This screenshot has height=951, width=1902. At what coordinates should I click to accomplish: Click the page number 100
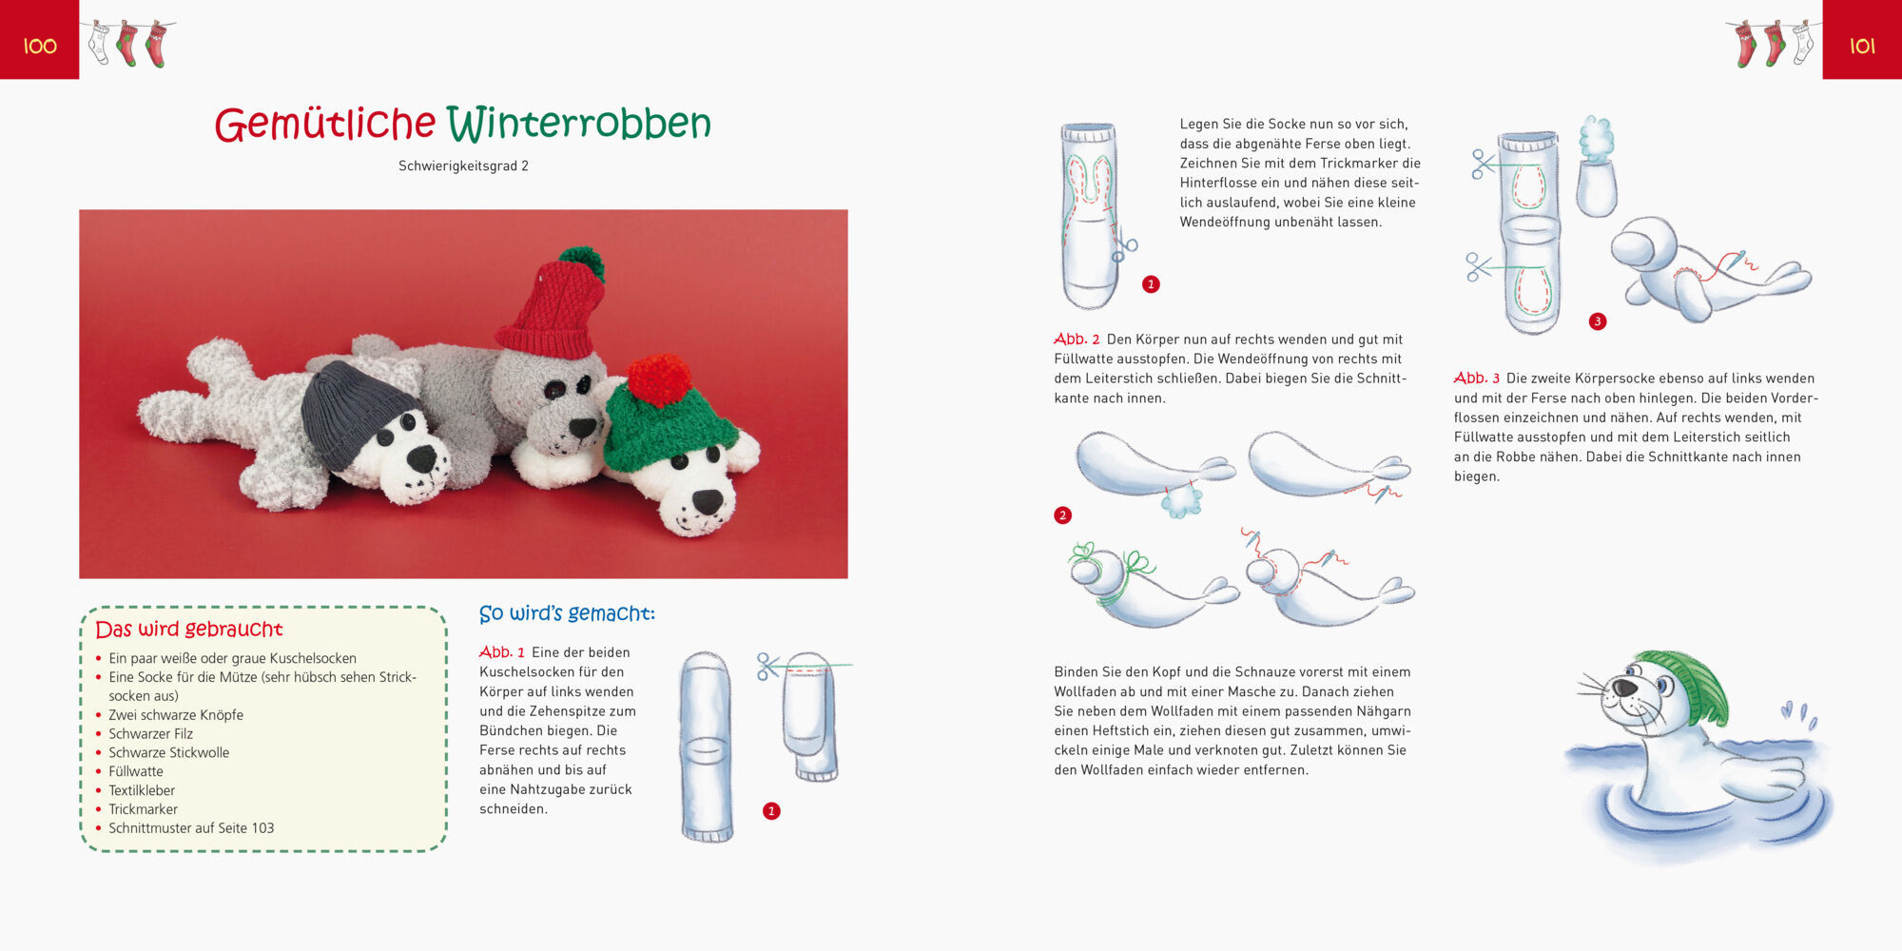pos(40,46)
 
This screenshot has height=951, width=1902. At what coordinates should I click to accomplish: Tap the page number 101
pos(1862,46)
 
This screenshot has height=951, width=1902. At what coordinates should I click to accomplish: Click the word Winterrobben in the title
pos(579,124)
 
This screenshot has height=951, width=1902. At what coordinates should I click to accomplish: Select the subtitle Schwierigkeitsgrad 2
pos(463,165)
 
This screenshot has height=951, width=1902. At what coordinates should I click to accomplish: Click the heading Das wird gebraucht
pos(189,629)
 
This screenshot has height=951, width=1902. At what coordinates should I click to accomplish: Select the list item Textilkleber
pos(142,790)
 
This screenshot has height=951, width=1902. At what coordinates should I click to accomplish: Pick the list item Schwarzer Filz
pos(150,734)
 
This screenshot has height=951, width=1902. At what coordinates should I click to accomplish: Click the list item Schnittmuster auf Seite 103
pos(191,828)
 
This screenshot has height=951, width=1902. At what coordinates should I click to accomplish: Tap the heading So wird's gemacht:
pos(567,613)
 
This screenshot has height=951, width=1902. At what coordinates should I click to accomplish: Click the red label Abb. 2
pos(1077,339)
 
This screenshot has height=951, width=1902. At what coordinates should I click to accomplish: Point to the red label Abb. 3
pos(1477,378)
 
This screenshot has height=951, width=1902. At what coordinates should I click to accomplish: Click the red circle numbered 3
pos(1598,321)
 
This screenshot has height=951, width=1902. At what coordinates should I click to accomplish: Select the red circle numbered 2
pos(1063,515)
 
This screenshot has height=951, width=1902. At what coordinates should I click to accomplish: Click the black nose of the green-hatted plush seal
pos(708,500)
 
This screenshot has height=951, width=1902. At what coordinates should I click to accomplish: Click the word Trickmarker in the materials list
pos(143,809)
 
